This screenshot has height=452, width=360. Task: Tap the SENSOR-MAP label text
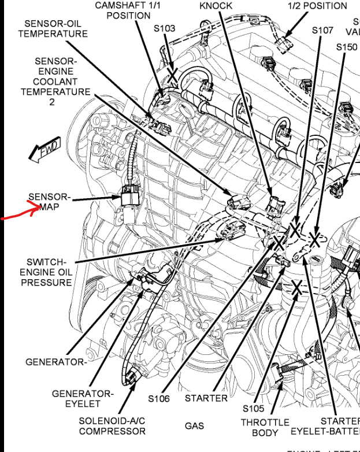[49, 201]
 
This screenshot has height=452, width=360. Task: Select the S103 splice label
[164, 28]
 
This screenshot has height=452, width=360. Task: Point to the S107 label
[322, 30]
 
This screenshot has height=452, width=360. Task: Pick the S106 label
[158, 398]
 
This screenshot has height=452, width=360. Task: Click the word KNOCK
[216, 6]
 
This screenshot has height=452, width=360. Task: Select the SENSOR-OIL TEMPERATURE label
[53, 28]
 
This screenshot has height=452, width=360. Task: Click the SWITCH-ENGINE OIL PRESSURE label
[46, 272]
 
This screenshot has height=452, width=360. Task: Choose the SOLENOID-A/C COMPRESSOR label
[112, 425]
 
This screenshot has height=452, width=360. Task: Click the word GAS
[194, 426]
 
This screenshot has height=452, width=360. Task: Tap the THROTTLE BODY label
[265, 428]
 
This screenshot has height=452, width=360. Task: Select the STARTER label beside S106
[206, 398]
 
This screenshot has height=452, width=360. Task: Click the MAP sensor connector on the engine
[129, 199]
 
